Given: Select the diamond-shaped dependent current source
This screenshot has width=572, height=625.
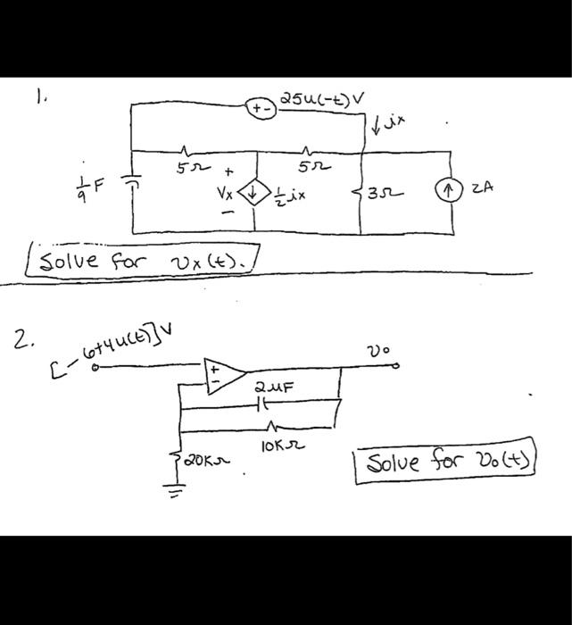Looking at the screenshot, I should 258,191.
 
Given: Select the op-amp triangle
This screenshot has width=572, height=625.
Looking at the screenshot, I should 221,373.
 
